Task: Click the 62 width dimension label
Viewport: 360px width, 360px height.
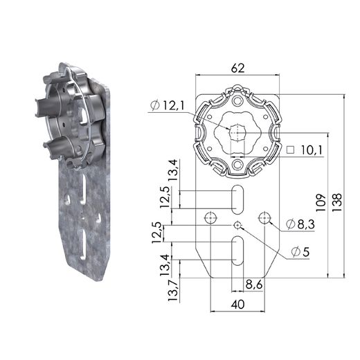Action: coord(237,68)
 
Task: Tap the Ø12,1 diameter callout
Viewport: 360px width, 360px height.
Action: coord(167,105)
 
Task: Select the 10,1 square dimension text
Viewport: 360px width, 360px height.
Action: coord(311,150)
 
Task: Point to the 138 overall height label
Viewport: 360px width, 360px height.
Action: coord(337,202)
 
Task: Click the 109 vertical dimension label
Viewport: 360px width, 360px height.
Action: coord(321,203)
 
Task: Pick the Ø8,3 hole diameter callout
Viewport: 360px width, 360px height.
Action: coord(300,224)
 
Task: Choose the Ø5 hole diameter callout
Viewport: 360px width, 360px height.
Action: coord(300,252)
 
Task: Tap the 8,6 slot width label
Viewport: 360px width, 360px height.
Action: coord(254,285)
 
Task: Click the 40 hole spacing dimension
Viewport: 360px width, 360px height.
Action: coord(237,305)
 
